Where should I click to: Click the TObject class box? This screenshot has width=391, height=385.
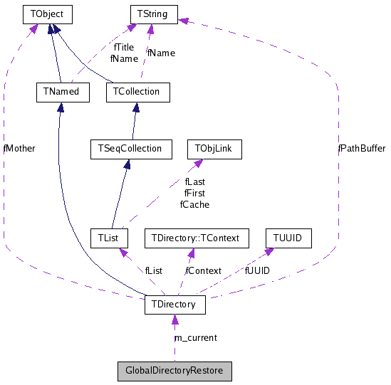48,13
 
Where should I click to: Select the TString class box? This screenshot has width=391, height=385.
153,13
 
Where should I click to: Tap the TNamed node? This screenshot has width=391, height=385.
62,91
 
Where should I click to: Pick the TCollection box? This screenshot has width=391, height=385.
137,91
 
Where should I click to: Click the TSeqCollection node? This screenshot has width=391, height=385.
126,149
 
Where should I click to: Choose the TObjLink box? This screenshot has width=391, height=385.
214,149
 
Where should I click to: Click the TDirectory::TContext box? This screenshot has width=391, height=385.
197,237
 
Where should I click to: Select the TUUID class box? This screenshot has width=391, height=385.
288,237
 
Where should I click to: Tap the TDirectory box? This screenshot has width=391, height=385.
175,305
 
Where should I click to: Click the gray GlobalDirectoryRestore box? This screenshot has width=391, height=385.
174,371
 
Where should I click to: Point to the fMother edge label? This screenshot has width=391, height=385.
19,149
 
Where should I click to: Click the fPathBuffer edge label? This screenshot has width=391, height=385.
362,149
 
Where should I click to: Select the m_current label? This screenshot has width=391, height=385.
196,337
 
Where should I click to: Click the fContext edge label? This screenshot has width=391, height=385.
203,270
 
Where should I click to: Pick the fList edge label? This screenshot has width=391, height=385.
153,270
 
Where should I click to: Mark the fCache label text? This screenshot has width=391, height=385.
194,204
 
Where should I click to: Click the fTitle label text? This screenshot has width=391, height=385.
124,48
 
